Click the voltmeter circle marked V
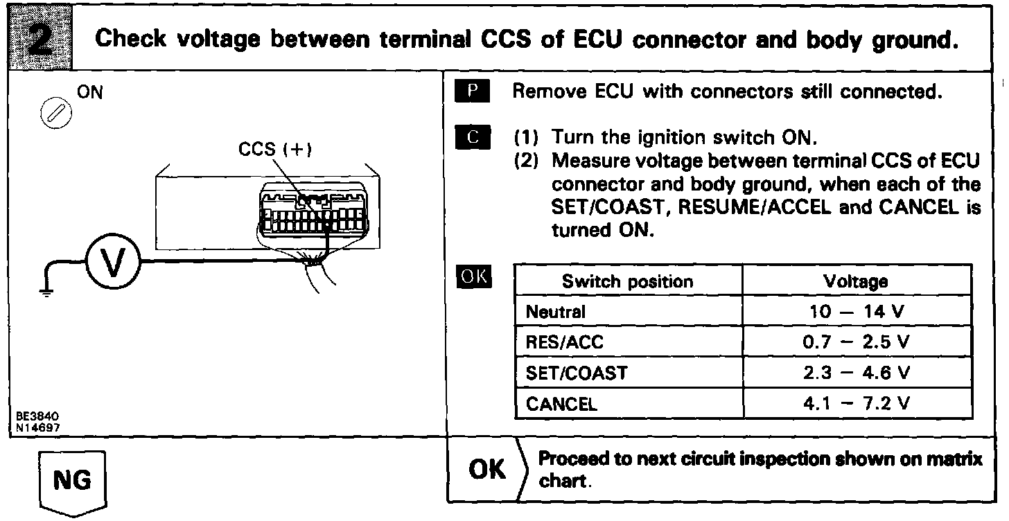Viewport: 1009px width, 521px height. pos(112,263)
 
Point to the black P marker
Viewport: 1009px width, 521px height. pos(473,92)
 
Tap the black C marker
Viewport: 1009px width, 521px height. pos(473,136)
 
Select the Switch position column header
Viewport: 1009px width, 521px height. pos(627,281)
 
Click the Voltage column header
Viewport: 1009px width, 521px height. pos(856,281)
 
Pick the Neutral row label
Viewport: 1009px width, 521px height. pos(556,312)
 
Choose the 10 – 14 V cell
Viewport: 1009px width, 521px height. pos(856,312)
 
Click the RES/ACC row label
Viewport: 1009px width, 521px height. pos(560,342)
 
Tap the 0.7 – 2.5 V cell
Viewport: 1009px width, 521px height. pos(856,342)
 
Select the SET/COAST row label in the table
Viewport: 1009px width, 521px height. pos(577,373)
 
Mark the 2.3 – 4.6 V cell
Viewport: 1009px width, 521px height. pos(856,373)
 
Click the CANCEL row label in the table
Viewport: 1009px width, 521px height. pos(562,404)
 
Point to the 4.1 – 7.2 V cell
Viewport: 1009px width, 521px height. pos(856,404)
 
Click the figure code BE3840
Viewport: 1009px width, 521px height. pos(37,416)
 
